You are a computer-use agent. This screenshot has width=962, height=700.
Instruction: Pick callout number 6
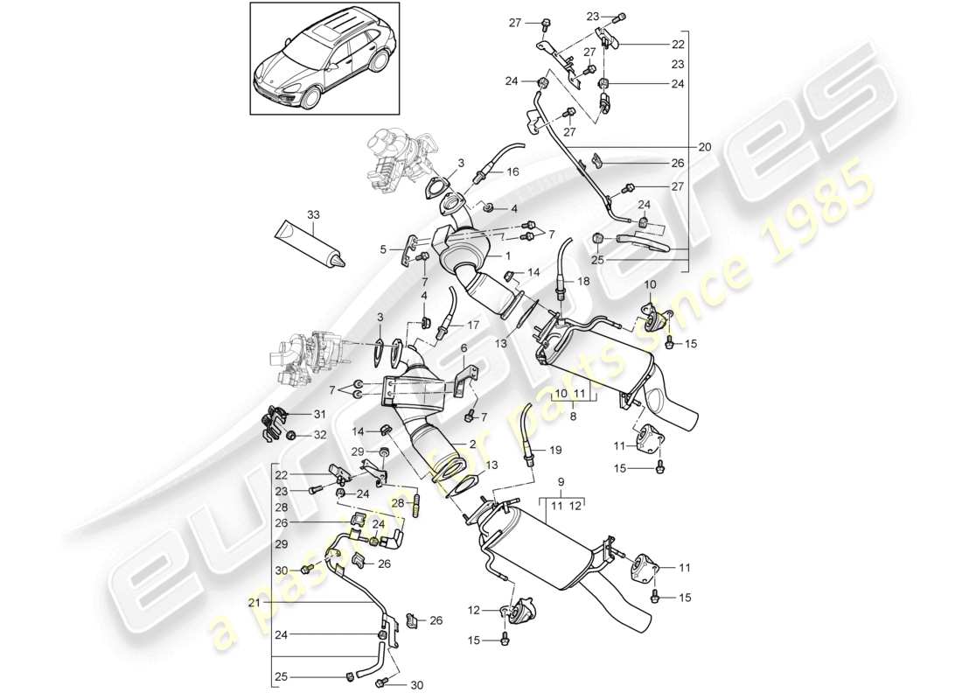pyautogui.click(x=464, y=347)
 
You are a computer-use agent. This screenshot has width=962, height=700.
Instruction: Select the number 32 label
pyautogui.click(x=319, y=435)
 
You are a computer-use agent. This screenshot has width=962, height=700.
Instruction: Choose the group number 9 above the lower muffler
pyautogui.click(x=560, y=482)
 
